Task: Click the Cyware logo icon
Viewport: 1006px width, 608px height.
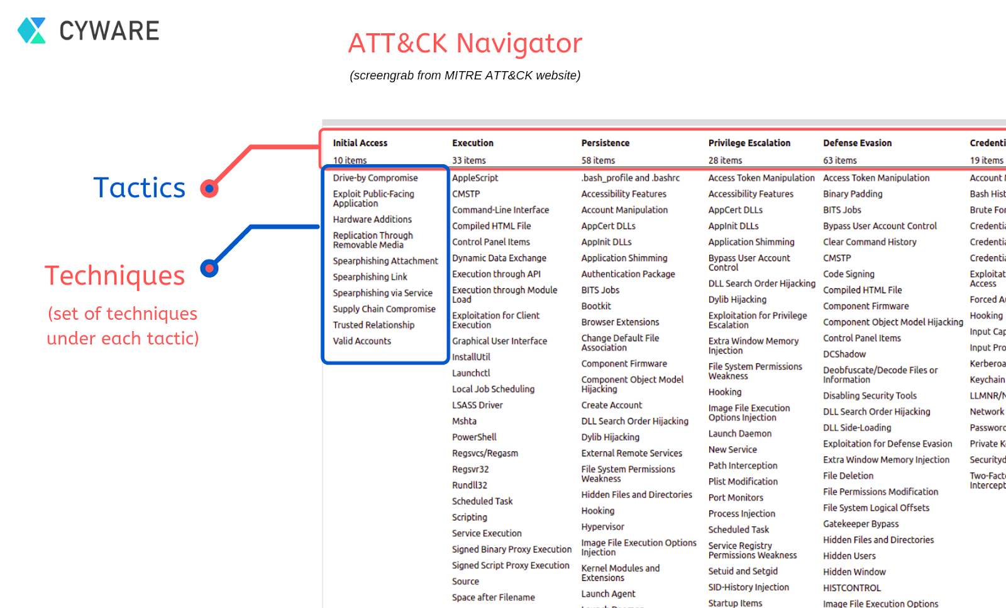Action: [x=31, y=30]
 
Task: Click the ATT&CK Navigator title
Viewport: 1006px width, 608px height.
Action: [x=465, y=43]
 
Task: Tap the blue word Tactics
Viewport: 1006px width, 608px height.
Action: [x=140, y=188]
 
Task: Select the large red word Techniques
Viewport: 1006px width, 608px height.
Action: [x=115, y=276]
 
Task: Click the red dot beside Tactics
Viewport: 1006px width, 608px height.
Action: [x=209, y=188]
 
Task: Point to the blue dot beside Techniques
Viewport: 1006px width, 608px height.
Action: [x=209, y=269]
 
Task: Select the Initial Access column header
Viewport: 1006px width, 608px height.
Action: [x=360, y=143]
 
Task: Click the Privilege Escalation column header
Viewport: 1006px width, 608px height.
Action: [x=749, y=143]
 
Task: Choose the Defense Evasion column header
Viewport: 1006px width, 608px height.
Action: [x=857, y=143]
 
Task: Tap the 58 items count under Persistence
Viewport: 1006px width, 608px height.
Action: [x=598, y=160]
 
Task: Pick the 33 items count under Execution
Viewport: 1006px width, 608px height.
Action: [x=468, y=160]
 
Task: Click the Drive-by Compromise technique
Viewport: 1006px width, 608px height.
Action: [x=375, y=178]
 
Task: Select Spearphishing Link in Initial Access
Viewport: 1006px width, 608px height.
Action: [x=370, y=277]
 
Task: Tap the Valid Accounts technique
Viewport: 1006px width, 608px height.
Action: [x=362, y=341]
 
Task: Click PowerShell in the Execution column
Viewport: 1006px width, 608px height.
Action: [x=474, y=437]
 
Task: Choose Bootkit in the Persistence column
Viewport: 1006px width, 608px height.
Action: [x=596, y=306]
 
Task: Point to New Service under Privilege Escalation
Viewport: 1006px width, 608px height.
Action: [x=732, y=449]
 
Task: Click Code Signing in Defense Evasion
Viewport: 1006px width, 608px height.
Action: [x=849, y=274]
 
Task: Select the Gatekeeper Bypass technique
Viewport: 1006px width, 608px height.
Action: [x=861, y=524]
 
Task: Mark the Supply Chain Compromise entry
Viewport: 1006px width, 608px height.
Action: [x=384, y=309]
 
